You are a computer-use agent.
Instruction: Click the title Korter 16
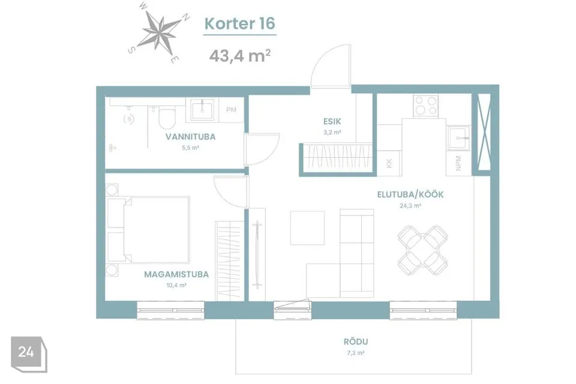[x=239, y=23]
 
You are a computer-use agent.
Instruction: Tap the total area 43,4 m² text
[x=240, y=56]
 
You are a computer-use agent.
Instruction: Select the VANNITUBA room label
[x=190, y=137]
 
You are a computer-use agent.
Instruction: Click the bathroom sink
[x=202, y=110]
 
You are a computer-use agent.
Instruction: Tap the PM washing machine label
[x=231, y=110]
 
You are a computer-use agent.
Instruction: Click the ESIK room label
[x=332, y=121]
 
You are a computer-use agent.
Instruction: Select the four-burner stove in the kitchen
[x=426, y=106]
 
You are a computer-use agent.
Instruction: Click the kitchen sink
[x=458, y=138]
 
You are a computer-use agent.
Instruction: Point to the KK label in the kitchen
[x=389, y=164]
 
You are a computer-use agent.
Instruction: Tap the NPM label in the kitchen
[x=458, y=163]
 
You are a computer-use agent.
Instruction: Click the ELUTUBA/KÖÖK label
[x=410, y=194]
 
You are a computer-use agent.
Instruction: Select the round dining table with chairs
[x=423, y=250]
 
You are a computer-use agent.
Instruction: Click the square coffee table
[x=307, y=228]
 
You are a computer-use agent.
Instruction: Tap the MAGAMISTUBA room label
[x=176, y=274]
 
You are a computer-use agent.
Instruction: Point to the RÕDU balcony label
[x=356, y=342]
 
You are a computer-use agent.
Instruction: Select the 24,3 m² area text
[x=410, y=206]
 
